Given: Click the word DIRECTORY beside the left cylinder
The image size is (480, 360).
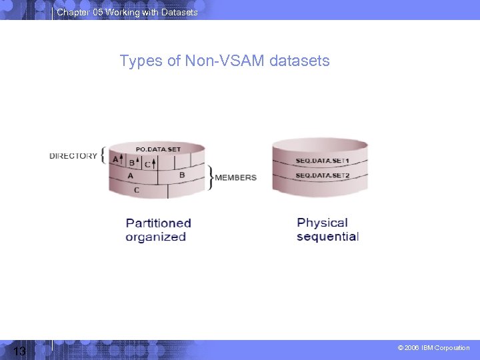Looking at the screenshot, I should [x=73, y=156].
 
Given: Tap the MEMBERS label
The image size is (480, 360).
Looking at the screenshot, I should [x=235, y=177].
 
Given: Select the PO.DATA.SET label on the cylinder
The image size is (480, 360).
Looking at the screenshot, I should [x=158, y=149].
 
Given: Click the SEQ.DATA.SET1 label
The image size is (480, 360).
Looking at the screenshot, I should [x=322, y=162].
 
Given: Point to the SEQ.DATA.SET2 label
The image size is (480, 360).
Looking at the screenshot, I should [x=322, y=175].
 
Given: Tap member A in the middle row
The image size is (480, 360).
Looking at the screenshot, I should [x=130, y=176].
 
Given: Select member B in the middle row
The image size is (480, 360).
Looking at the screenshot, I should [x=182, y=175].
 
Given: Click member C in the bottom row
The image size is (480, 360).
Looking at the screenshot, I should [x=137, y=190].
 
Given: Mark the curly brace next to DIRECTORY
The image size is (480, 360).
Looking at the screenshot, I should [x=103, y=156].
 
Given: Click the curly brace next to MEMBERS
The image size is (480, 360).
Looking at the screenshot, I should [x=211, y=177].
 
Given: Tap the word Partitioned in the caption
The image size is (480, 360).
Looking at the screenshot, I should [x=158, y=223].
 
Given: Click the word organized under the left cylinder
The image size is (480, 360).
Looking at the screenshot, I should [x=155, y=237].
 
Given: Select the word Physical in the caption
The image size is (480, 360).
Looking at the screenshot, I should [x=322, y=223].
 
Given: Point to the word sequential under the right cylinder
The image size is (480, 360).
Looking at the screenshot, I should [x=327, y=237].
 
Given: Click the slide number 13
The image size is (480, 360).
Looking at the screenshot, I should [x=19, y=351].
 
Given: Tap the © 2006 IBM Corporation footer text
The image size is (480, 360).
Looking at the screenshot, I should [x=433, y=348].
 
